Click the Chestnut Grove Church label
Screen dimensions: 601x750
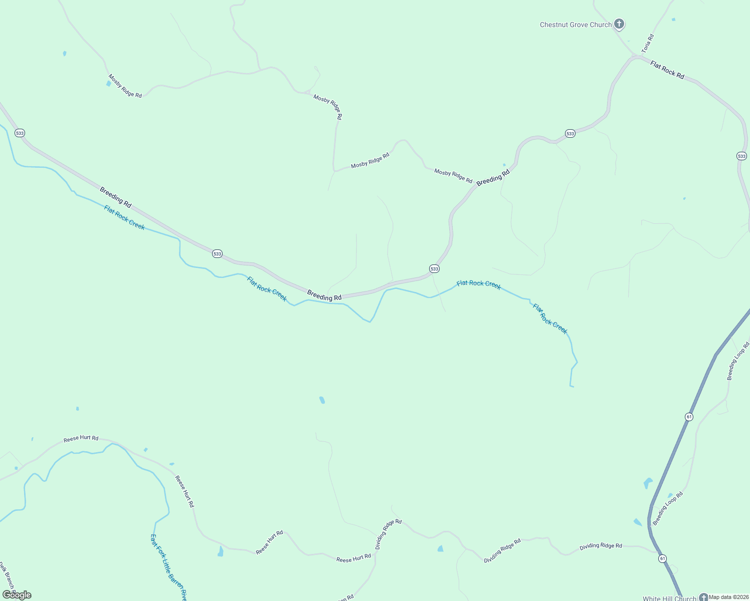(x=576, y=25)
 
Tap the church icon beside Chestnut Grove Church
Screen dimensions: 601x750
(x=619, y=24)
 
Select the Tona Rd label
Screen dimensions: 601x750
(x=648, y=44)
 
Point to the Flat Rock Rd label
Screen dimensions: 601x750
(x=667, y=70)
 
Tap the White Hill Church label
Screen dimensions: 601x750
(x=669, y=598)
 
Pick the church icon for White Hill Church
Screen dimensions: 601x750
(x=703, y=597)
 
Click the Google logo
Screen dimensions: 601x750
(x=17, y=595)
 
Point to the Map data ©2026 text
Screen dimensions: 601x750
(x=728, y=597)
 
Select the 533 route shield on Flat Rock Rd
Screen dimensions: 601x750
(x=742, y=156)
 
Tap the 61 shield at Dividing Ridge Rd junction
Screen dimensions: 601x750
(x=663, y=558)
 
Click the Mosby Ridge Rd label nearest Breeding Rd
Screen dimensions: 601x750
(x=453, y=176)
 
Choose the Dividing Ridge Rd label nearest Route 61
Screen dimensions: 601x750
(x=601, y=546)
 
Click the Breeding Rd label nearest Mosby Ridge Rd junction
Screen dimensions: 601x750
(x=493, y=178)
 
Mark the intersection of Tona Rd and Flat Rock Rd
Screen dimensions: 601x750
(x=635, y=56)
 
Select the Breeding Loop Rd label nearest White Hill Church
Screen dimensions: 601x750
(x=668, y=508)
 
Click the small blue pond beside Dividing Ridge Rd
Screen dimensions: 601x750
(x=440, y=548)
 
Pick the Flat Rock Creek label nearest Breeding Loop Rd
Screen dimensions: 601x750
(x=550, y=319)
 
